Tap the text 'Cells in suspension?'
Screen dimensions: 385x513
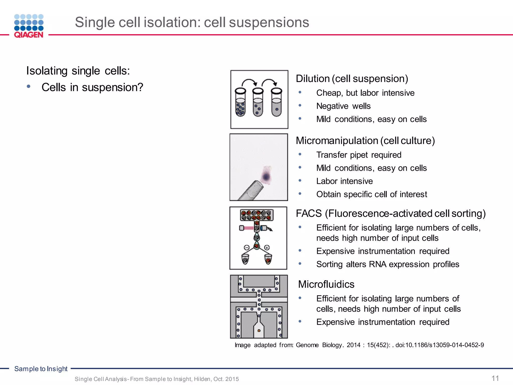pyautogui.click(x=92, y=87)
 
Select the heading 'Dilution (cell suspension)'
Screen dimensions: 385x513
pyautogui.click(x=352, y=79)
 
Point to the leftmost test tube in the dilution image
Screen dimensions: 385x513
pyautogui.click(x=240, y=103)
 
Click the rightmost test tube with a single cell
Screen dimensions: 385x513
pyautogui.click(x=277, y=103)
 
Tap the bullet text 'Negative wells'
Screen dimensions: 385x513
pyautogui.click(x=343, y=106)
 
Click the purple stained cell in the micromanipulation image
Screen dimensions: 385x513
pyautogui.click(x=266, y=176)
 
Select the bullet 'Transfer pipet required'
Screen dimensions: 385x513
pyautogui.click(x=359, y=155)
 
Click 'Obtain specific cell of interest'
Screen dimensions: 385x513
pyautogui.click(x=371, y=194)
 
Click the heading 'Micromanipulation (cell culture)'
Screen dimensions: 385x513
pyautogui.click(x=365, y=141)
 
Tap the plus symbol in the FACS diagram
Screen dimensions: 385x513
pyautogui.click(x=267, y=248)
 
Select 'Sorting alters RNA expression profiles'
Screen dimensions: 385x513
pyautogui.click(x=388, y=264)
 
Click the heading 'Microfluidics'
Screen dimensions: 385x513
pyautogui.click(x=326, y=284)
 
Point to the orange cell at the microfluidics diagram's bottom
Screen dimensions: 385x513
pyautogui.click(x=259, y=331)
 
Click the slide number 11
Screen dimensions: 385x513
pyautogui.click(x=495, y=378)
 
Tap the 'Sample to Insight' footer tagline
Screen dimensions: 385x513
pyautogui.click(x=41, y=369)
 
